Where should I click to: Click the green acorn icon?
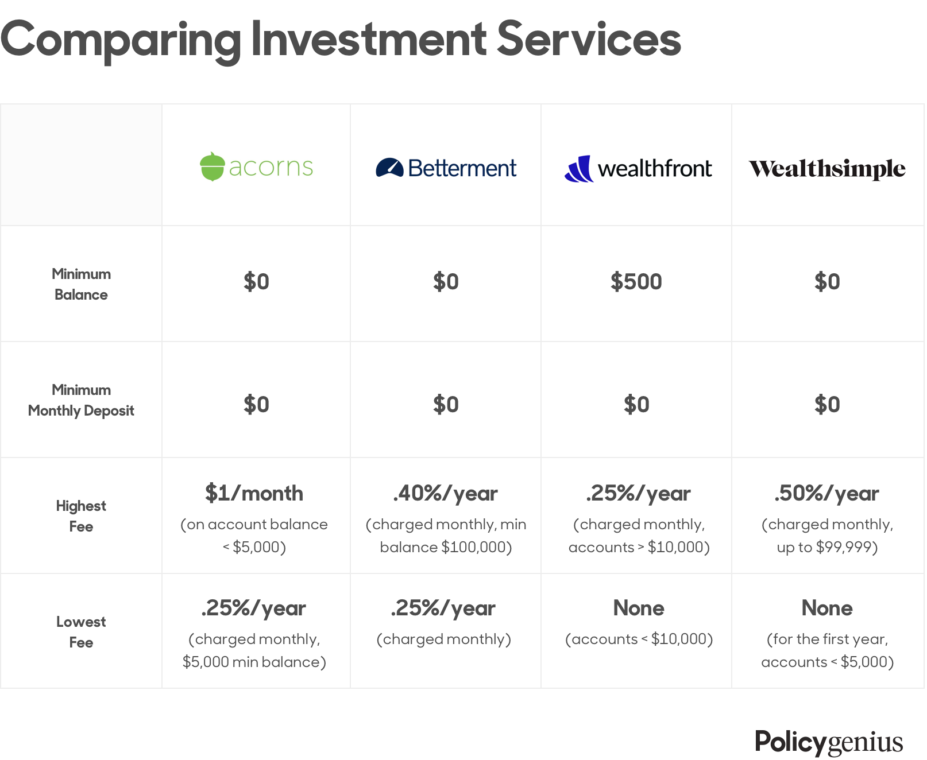tap(212, 166)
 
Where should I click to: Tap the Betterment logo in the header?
tap(446, 168)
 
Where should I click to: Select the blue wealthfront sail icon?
tap(578, 169)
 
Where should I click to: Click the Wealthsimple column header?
tap(827, 169)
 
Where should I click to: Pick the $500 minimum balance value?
tap(636, 282)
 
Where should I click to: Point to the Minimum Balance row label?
tap(81, 284)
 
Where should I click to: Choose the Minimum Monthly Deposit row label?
tap(81, 400)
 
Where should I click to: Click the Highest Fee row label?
tap(81, 516)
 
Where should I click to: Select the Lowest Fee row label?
tap(81, 632)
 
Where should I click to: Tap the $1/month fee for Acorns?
tap(254, 493)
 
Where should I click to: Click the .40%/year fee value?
tap(445, 494)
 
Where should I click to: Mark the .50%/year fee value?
tap(826, 494)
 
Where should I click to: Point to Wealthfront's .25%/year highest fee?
tap(638, 494)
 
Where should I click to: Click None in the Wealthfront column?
tap(639, 608)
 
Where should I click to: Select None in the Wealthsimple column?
tap(827, 608)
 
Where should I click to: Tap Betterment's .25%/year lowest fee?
tap(443, 608)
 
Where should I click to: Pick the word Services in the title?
tap(589, 39)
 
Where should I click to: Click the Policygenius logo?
tap(829, 742)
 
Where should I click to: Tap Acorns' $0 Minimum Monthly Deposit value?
tap(256, 405)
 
